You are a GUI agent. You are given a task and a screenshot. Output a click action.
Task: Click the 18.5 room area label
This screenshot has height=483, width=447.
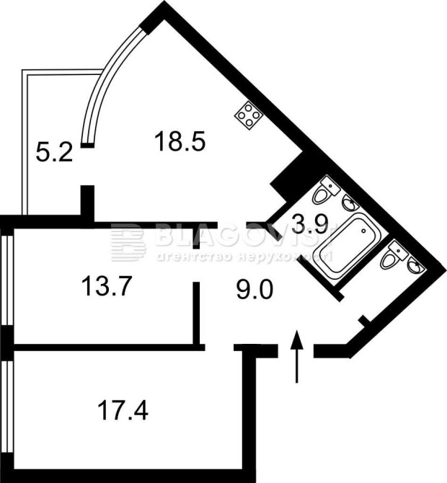180,141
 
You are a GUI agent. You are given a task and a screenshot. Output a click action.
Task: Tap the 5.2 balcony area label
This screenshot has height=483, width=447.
54,152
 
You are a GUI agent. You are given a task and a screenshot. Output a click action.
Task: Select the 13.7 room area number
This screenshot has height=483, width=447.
105,287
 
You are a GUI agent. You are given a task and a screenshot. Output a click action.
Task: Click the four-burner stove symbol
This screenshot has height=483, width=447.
248,116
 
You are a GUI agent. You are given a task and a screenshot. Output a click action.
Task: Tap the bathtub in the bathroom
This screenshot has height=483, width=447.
345,247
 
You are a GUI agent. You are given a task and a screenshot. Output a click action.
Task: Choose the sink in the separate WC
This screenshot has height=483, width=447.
415,267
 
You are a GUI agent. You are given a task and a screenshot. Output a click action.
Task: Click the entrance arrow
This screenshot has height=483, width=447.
296,356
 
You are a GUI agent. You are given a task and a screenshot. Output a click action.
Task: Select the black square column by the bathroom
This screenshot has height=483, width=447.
292,177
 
